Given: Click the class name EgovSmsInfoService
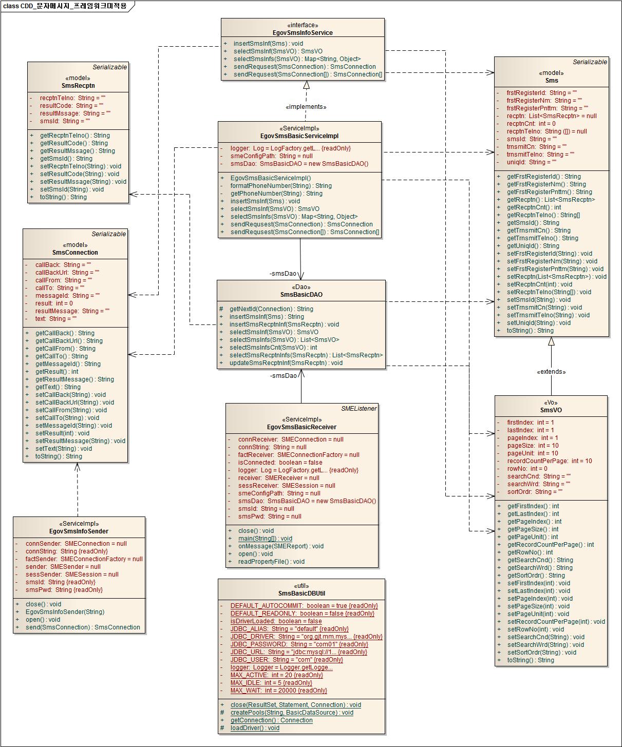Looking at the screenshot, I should coord(303,33).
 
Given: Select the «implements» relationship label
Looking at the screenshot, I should coord(306,107).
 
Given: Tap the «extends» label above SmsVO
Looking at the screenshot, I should coord(551,372).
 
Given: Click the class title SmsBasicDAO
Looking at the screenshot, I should coord(301,295).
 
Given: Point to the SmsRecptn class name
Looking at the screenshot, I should coord(78,86).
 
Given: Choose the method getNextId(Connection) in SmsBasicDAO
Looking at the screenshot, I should coord(271,309).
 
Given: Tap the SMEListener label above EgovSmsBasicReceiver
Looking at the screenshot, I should coord(359,409).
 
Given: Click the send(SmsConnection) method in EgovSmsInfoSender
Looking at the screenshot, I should coord(83,627).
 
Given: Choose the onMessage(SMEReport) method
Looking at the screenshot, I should coord(281,546).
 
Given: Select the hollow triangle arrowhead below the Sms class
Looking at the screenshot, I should coord(551,341).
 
